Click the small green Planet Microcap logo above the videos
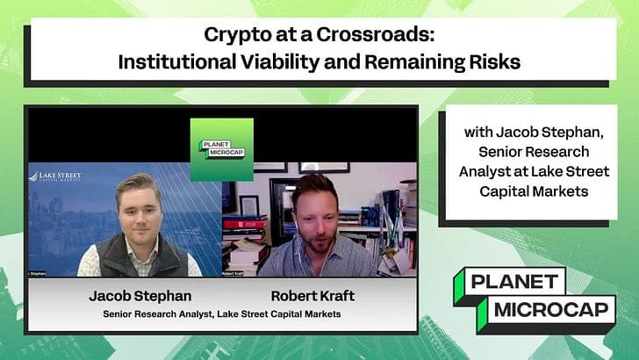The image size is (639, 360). click(221, 149)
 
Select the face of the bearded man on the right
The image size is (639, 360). click(315, 209)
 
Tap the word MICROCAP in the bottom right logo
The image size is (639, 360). click(542, 309)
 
